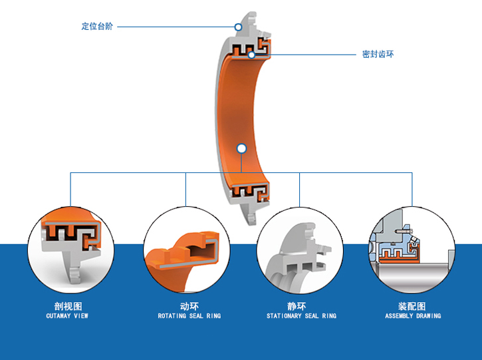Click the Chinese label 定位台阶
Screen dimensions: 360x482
pos(97,27)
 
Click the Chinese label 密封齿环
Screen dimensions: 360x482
pos(378,54)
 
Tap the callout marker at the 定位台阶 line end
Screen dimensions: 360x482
pos(237,27)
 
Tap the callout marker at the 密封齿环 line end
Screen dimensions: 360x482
pos(252,55)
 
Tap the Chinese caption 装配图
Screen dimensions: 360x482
pos(412,306)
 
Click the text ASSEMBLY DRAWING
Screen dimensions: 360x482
pos(412,316)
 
